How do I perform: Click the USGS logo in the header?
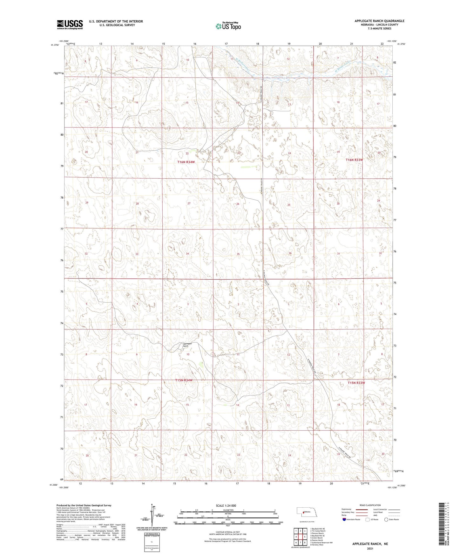pos(70,24)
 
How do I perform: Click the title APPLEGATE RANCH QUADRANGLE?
pos(380,21)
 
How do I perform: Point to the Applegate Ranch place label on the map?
pos(188,345)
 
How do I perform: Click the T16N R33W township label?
pos(354,160)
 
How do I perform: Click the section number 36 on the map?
pos(290,253)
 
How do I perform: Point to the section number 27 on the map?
pos(189,203)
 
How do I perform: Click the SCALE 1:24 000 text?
pos(226,505)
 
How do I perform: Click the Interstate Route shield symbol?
pos(344,519)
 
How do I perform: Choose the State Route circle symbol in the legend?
pos(386,519)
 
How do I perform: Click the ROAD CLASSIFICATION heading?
pos(370,505)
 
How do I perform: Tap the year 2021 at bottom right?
pos(370,548)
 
